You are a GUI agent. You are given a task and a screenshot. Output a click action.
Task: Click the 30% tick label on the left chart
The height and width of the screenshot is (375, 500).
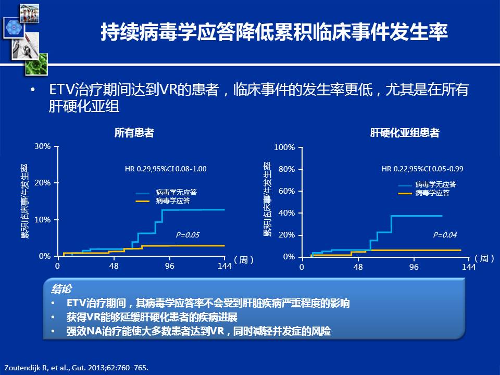click(x=42, y=146)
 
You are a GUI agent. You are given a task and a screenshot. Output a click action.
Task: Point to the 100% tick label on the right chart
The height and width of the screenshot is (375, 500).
click(x=284, y=147)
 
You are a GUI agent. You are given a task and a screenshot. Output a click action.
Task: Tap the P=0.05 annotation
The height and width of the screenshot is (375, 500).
click(x=187, y=235)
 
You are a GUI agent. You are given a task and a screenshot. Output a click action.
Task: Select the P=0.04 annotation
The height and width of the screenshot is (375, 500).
click(x=445, y=235)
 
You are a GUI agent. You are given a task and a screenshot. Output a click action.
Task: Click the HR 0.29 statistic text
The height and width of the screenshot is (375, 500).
click(x=166, y=169)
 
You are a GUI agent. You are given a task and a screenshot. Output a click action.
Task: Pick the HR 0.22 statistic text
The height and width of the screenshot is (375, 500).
click(x=422, y=169)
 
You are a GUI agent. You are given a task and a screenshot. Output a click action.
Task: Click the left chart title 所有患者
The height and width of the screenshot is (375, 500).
click(x=134, y=133)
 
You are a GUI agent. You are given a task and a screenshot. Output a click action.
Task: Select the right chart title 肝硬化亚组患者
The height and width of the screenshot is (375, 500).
click(x=405, y=133)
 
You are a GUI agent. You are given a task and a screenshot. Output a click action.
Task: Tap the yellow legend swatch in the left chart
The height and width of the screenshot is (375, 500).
click(x=143, y=201)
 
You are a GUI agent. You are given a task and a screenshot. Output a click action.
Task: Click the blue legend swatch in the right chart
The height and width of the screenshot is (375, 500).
click(x=405, y=185)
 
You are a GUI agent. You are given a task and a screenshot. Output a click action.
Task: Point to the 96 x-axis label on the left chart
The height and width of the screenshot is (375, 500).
click(x=170, y=266)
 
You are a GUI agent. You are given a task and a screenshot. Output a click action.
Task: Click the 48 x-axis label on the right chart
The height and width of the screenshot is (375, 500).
click(x=358, y=267)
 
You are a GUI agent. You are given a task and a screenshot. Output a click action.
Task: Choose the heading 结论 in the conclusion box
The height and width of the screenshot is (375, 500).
click(x=61, y=289)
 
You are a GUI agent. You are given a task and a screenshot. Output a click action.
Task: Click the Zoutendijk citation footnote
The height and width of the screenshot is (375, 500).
click(x=77, y=368)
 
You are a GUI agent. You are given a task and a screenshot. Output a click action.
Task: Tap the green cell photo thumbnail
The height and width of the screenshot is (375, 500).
click(x=36, y=65)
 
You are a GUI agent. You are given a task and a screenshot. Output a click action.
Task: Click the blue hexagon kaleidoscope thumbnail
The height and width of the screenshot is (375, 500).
click(x=14, y=28)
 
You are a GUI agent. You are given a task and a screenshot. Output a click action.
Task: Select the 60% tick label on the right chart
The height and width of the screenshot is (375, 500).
click(x=286, y=191)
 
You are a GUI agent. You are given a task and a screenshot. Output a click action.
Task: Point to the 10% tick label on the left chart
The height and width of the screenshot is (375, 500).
click(x=42, y=220)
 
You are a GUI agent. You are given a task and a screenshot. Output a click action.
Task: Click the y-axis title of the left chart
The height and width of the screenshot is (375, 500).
click(x=25, y=201)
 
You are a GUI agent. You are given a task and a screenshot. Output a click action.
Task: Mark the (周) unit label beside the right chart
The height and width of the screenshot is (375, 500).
click(x=484, y=258)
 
